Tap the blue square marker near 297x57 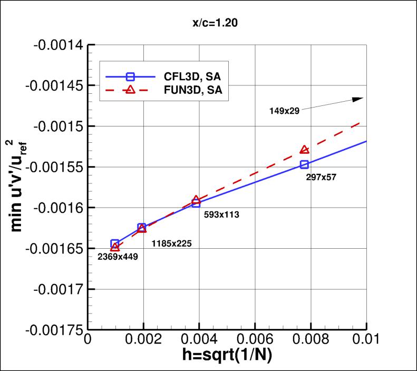tap(304, 164)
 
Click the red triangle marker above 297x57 tap(304, 150)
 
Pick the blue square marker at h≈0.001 tap(115, 244)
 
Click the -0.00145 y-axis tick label tap(55, 85)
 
